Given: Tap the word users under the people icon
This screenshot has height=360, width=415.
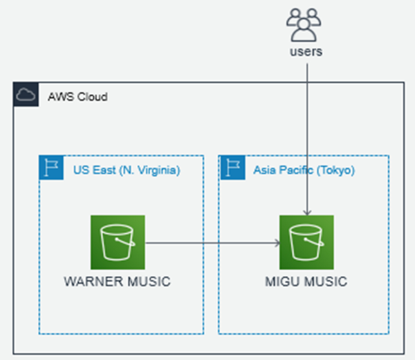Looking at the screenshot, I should click(x=306, y=51).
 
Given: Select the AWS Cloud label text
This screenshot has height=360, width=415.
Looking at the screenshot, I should click(x=77, y=97).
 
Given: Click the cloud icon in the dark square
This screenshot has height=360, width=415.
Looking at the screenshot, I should click(x=26, y=95).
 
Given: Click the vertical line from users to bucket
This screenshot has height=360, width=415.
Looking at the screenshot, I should click(x=306, y=132).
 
